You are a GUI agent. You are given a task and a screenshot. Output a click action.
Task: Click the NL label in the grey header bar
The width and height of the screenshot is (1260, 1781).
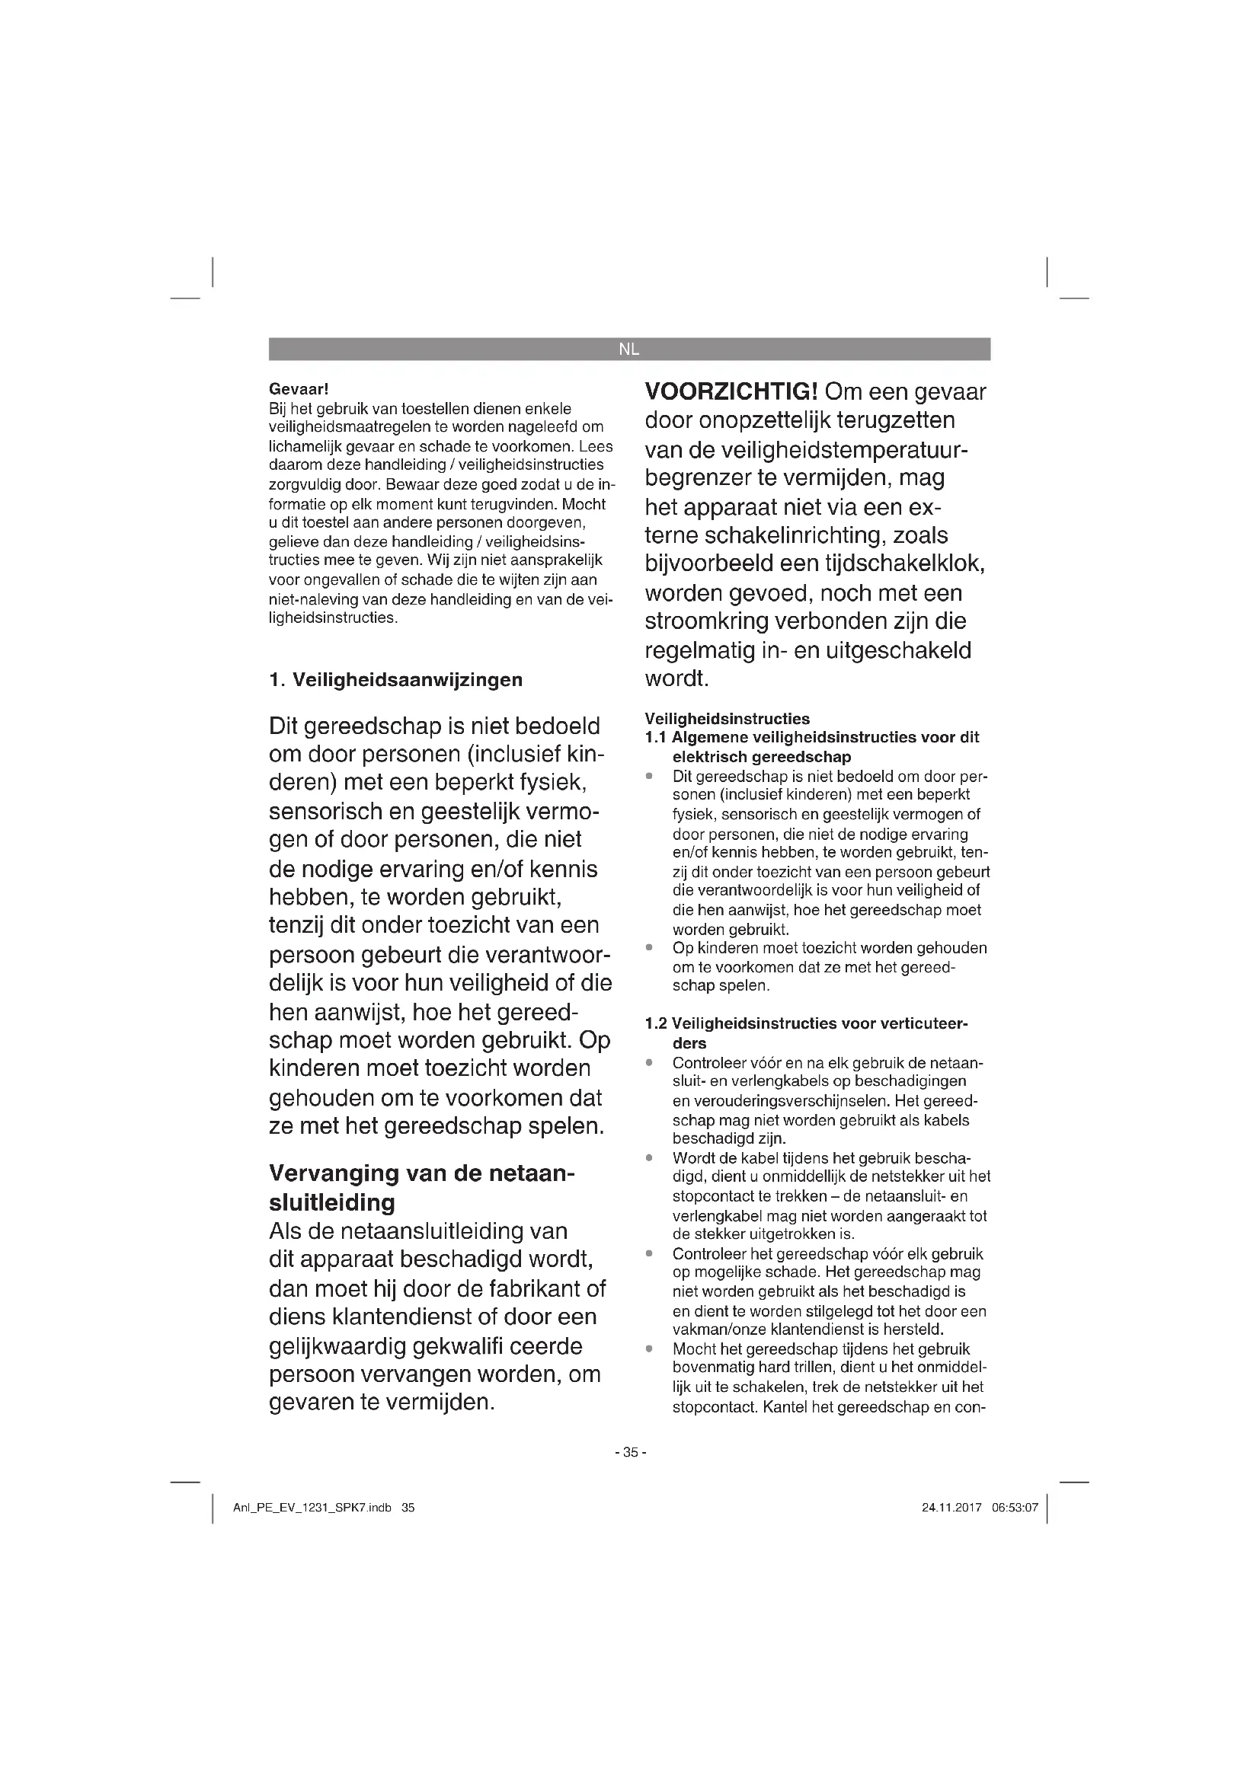[x=628, y=349]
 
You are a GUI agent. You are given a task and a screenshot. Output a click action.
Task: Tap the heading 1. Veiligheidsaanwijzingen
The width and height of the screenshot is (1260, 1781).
[x=395, y=680]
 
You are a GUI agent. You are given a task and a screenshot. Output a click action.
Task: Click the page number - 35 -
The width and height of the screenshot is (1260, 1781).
[x=630, y=1452]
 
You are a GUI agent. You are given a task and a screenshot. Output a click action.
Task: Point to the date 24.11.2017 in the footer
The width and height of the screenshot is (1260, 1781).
[x=951, y=1508]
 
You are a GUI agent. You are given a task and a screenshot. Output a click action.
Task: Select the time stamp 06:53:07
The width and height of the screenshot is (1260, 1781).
[x=1015, y=1508]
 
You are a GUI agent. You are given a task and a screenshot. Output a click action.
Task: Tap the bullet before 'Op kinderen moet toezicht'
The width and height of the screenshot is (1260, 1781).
[x=649, y=948]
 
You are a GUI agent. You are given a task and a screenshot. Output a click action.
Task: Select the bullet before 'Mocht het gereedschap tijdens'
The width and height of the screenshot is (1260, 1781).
[x=649, y=1349]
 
